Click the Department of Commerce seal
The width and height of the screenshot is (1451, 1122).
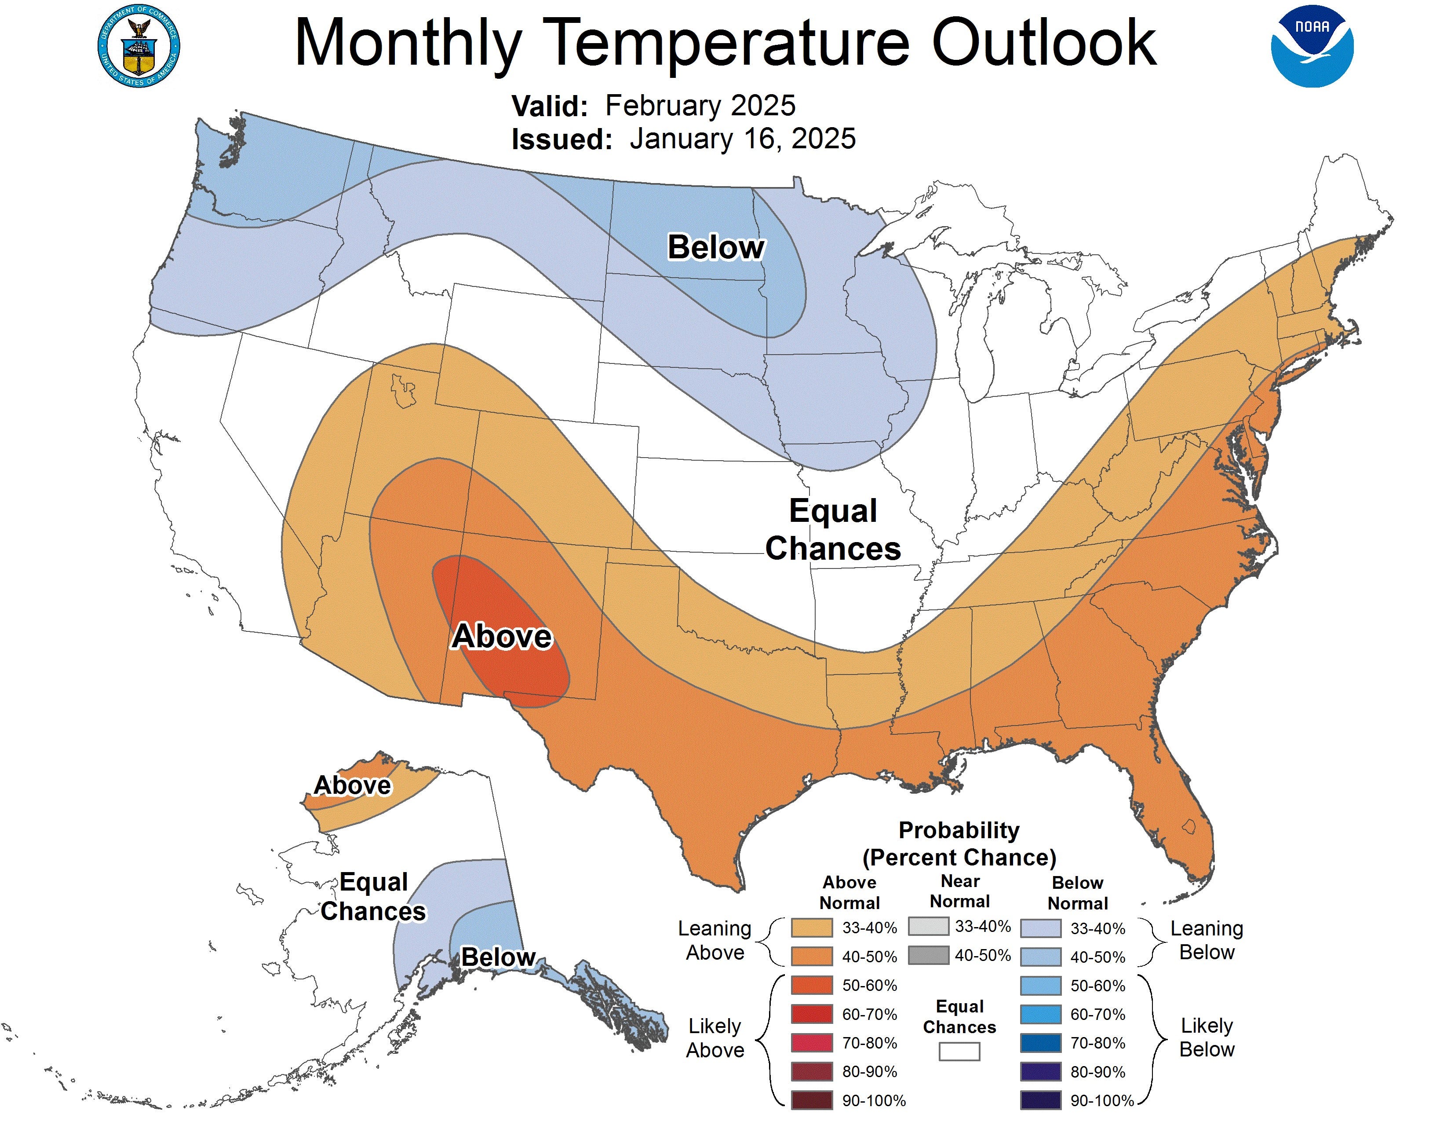(x=139, y=46)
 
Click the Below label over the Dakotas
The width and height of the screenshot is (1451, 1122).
(x=715, y=247)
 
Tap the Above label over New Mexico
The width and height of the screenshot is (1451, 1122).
(x=502, y=636)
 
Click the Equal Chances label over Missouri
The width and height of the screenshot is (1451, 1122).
(x=833, y=530)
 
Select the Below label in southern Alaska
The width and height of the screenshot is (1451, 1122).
(x=498, y=957)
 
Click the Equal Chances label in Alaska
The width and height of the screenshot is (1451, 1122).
(x=373, y=897)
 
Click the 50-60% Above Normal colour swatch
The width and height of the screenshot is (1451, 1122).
(x=811, y=985)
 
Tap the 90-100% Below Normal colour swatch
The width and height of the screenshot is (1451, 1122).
(x=1040, y=1100)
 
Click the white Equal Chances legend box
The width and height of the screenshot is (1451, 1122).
(x=959, y=1051)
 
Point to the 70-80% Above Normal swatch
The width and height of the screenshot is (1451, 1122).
(x=811, y=1043)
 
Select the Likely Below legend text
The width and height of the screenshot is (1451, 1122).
(x=1207, y=1038)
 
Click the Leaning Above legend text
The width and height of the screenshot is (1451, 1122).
(x=714, y=940)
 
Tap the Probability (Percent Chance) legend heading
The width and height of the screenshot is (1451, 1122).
(x=959, y=843)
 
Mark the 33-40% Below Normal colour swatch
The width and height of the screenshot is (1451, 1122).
(x=1040, y=928)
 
